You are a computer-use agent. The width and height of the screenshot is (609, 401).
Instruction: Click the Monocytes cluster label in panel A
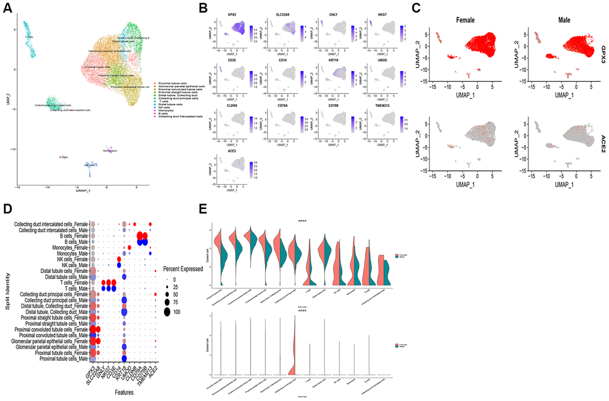[x=110, y=151]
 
